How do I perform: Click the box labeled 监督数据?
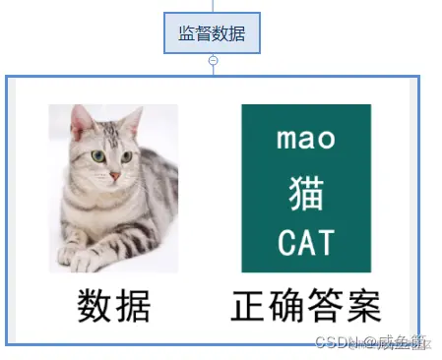(212, 33)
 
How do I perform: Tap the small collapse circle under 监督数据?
(213, 60)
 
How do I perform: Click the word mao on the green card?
(306, 139)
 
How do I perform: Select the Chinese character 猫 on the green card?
(306, 192)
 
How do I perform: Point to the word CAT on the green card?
(306, 242)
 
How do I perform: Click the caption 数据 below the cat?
(114, 306)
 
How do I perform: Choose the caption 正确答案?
(306, 306)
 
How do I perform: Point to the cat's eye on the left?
(98, 155)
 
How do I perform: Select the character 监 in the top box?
(186, 33)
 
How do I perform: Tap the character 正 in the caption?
(249, 306)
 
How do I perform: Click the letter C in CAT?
(287, 242)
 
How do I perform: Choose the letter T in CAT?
(326, 242)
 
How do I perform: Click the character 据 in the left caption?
(133, 306)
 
